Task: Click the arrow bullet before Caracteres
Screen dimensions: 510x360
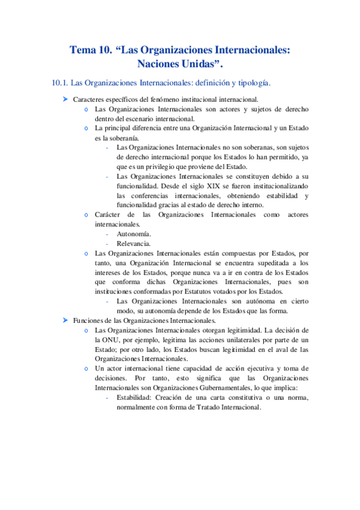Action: click(x=65, y=99)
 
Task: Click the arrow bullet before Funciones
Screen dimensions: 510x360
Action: click(x=65, y=321)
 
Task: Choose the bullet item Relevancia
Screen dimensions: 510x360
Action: click(x=134, y=244)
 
